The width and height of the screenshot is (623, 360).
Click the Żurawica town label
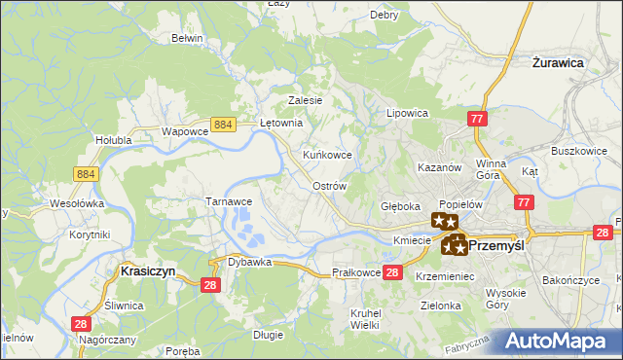pos(558,61)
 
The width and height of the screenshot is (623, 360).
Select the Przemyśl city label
pos(496,246)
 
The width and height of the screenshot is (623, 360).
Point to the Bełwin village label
pos(186,38)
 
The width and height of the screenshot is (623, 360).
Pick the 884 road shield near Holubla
pos(85,172)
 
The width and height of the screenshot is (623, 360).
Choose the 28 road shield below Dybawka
pos(209,283)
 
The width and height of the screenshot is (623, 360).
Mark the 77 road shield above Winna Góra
pos(476,119)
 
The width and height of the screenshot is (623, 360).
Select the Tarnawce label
pos(229,201)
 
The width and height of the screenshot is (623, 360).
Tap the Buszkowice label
pos(579,152)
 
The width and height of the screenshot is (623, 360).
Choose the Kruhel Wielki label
pos(364,318)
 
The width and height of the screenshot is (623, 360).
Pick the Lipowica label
pos(408,113)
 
